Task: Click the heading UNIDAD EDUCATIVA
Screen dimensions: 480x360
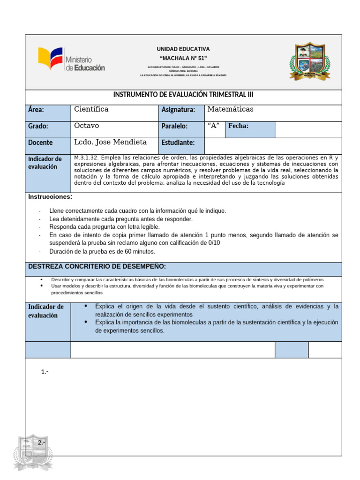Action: point(183,49)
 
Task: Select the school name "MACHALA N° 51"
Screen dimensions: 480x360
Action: point(183,58)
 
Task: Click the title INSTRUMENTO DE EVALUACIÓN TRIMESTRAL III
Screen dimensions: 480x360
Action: point(183,95)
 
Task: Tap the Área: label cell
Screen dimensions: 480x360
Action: point(47,110)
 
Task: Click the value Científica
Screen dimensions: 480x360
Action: point(91,109)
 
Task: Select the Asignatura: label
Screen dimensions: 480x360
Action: point(178,110)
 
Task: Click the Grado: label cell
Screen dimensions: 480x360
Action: point(47,126)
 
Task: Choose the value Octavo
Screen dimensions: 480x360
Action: point(87,126)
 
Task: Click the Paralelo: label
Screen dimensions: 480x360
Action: point(174,126)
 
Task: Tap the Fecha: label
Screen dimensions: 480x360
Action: point(239,126)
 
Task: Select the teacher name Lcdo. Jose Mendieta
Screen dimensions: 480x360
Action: point(110,142)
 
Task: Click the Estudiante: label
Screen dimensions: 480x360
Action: point(178,142)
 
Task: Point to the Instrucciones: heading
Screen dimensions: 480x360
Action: point(50,196)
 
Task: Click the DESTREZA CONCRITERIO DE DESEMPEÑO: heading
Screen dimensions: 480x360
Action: point(97,266)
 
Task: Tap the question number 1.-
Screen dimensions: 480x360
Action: point(45,372)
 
